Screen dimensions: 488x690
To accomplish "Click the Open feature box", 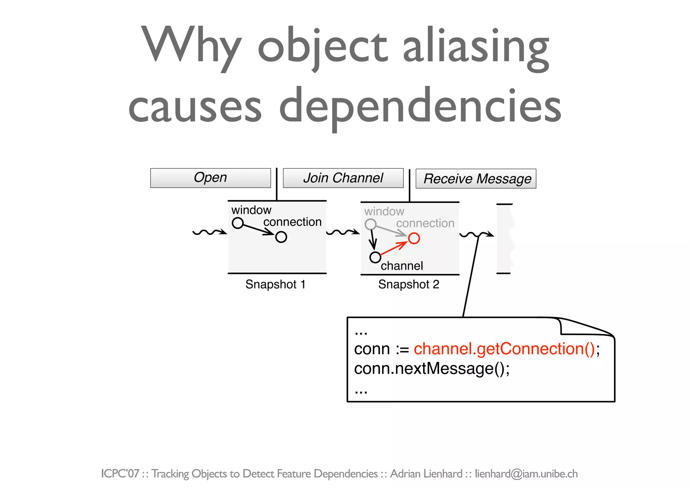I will [x=211, y=178].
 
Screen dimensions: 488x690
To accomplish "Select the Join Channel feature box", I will [x=343, y=178].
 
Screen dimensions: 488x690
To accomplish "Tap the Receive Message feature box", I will [x=476, y=179].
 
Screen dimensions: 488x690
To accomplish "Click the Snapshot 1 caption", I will [x=275, y=284].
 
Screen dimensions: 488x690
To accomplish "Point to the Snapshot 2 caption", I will [x=409, y=284].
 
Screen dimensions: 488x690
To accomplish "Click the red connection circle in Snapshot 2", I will [x=414, y=238].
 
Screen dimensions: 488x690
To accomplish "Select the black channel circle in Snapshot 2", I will [x=375, y=257].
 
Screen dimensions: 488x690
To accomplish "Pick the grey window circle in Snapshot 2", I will [x=371, y=224].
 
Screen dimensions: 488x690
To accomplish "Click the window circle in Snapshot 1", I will [x=238, y=223].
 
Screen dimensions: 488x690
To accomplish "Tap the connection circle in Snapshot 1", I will [x=281, y=237].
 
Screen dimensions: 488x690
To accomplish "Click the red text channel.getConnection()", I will [x=504, y=348].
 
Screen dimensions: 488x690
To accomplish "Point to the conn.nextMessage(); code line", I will [x=432, y=368].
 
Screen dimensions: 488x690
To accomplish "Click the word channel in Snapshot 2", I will [x=402, y=266].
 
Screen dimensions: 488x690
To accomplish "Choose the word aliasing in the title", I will [x=476, y=47].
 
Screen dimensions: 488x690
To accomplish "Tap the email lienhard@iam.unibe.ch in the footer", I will [x=526, y=474].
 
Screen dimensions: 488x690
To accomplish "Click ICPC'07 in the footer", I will [x=120, y=474].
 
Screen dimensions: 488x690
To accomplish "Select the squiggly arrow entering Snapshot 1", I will [x=210, y=232].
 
